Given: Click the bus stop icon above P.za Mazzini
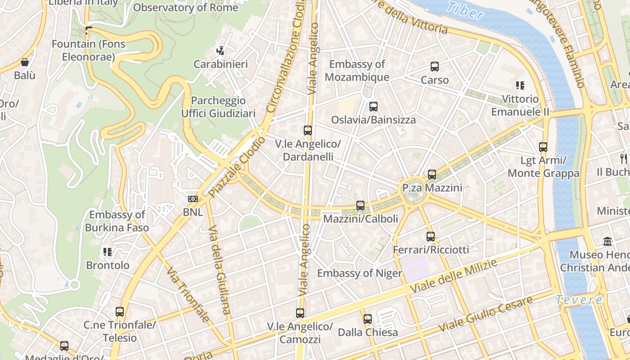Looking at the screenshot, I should pyautogui.click(x=432, y=174).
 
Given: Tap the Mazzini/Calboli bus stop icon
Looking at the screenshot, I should pyautogui.click(x=360, y=206).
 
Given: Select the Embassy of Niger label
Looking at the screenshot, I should pyautogui.click(x=359, y=273).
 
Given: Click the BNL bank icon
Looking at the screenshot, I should pyautogui.click(x=193, y=199).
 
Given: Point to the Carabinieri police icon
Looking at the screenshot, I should pyautogui.click(x=220, y=51).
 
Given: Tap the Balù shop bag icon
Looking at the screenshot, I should pyautogui.click(x=25, y=62).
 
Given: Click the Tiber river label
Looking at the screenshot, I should pyautogui.click(x=465, y=11).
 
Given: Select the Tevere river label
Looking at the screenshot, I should pyautogui.click(x=579, y=300).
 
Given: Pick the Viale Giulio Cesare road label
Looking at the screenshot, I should pyautogui.click(x=486, y=314).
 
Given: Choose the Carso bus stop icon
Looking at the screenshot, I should pyautogui.click(x=435, y=67).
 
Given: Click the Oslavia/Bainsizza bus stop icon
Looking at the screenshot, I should pyautogui.click(x=373, y=107).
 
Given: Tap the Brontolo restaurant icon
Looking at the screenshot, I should pyautogui.click(x=107, y=252).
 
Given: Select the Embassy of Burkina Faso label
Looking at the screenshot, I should pyautogui.click(x=117, y=221).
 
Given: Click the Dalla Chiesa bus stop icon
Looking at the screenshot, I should pyautogui.click(x=368, y=319).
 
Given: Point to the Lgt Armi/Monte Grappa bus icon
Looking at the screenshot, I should pyautogui.click(x=543, y=147).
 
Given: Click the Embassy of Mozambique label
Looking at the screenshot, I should pyautogui.click(x=357, y=71).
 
